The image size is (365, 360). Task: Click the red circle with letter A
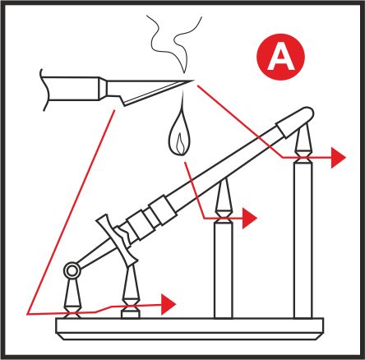280,57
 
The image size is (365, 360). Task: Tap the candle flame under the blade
179,134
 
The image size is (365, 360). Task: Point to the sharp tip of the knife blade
194,81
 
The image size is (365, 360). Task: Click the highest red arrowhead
339,158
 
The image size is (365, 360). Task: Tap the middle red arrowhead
250,219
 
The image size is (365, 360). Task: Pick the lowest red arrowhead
169,304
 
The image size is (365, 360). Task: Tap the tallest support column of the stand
303,240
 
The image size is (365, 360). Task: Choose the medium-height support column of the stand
224,270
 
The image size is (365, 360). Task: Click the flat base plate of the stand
190,329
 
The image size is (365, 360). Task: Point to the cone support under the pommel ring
72,297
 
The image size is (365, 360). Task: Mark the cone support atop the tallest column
303,142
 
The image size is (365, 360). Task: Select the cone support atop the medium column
224,199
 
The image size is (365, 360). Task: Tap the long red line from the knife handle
70,212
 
